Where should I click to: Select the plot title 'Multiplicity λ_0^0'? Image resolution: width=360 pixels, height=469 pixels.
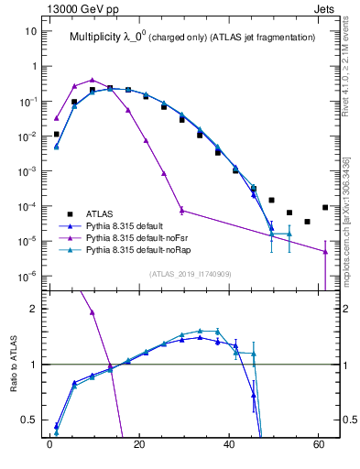[x=115, y=38]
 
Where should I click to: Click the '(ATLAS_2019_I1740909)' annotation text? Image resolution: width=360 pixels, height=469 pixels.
[x=190, y=274]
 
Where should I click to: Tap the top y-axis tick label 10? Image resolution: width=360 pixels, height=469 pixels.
[x=32, y=31]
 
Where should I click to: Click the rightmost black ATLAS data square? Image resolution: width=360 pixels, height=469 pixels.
[x=325, y=207]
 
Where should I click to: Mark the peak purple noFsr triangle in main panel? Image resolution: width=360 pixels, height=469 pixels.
[x=93, y=80]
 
